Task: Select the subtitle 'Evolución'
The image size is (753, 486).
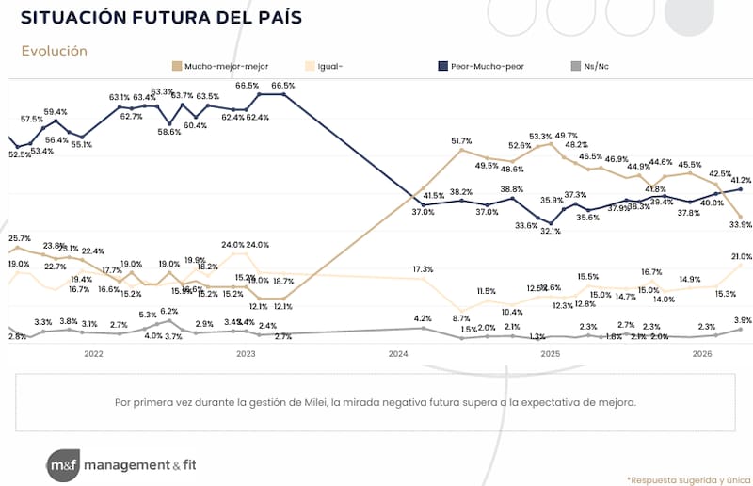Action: click(x=54, y=51)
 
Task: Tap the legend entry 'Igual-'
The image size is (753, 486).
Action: click(x=333, y=66)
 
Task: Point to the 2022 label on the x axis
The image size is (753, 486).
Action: click(x=93, y=354)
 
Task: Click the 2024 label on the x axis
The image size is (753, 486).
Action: click(x=398, y=354)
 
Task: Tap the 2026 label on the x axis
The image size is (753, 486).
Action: click(x=702, y=354)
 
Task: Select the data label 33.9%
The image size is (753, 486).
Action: click(x=740, y=224)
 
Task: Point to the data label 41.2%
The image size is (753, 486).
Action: click(x=740, y=180)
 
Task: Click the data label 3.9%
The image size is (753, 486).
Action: click(x=741, y=320)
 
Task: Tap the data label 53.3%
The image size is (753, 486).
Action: click(x=540, y=136)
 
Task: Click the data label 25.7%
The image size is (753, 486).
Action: click(x=19, y=238)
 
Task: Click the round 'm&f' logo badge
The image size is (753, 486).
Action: click(x=63, y=464)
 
